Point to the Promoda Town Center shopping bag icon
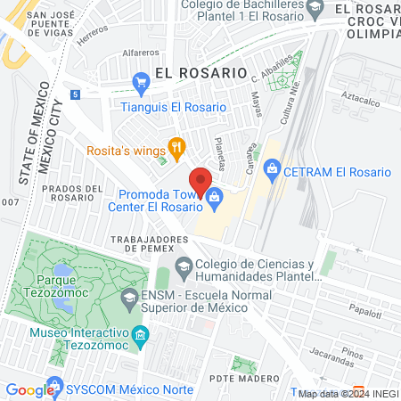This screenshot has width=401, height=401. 214,203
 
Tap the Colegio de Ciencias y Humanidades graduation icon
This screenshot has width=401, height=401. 184,265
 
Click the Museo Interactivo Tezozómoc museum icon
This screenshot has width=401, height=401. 140,336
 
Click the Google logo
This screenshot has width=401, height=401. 30,389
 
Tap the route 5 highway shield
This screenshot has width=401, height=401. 77,94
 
